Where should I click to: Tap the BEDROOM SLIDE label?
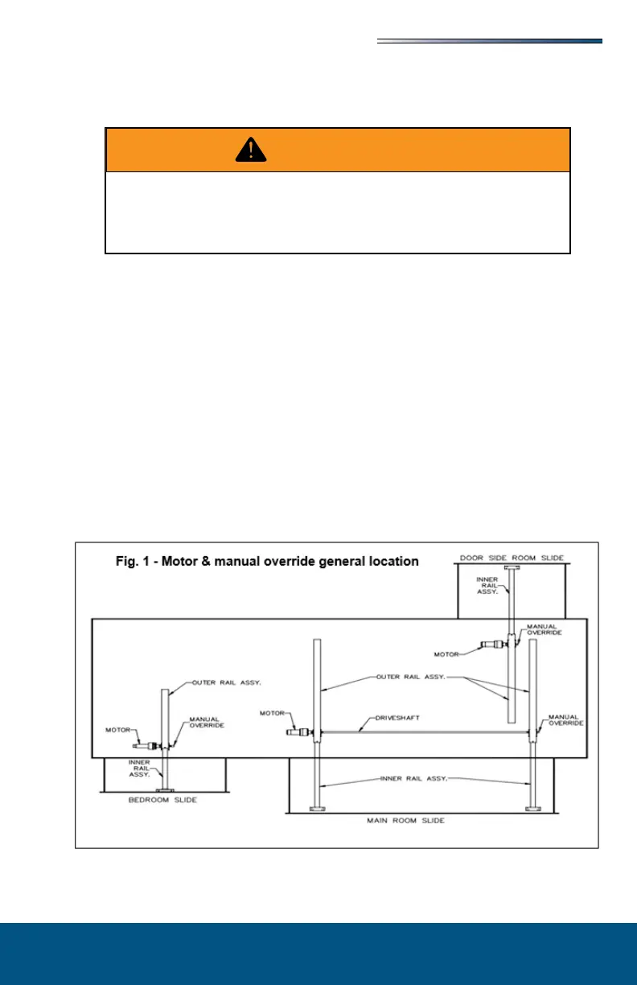tap(164, 801)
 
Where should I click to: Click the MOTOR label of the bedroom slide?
tap(118, 731)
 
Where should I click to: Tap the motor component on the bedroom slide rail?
tap(149, 746)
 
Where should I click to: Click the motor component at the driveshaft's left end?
tap(300, 732)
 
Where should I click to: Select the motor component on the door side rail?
tap(490, 645)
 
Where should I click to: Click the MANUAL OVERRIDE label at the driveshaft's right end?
tap(564, 719)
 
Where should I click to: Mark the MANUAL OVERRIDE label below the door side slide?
tap(545, 629)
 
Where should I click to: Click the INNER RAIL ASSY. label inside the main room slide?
tap(425, 779)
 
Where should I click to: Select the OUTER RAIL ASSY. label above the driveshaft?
tap(412, 678)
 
